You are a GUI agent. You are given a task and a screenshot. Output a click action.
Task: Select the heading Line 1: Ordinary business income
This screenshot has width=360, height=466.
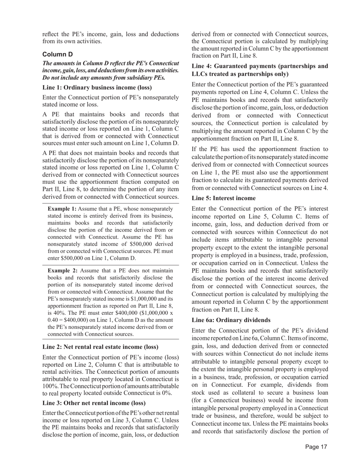[x=97, y=88]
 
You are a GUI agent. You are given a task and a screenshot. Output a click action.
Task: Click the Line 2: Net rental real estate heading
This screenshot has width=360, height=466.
[x=100, y=347]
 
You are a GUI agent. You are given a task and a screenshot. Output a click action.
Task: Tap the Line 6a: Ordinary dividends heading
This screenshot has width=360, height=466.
[x=231, y=320]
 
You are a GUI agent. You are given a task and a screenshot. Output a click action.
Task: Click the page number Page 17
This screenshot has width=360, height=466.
[x=316, y=447]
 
